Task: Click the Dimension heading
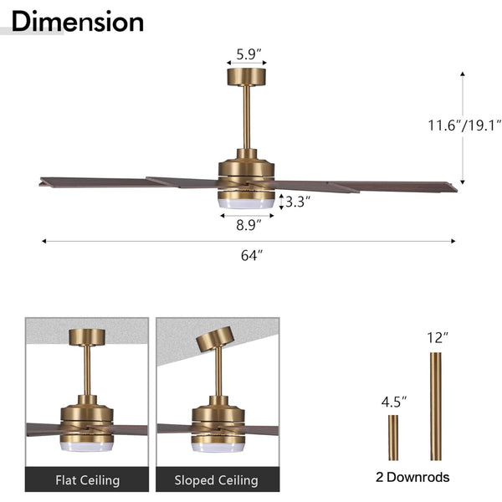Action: click(x=78, y=21)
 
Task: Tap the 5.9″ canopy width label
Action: click(x=248, y=54)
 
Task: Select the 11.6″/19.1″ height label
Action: click(x=464, y=125)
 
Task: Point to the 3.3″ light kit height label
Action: click(x=298, y=202)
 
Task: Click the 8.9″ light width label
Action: click(x=248, y=225)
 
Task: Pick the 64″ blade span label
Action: click(x=251, y=255)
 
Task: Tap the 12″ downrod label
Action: click(x=438, y=337)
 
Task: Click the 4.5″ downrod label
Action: click(x=393, y=402)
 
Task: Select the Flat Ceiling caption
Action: click(x=87, y=480)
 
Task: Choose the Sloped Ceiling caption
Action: click(x=217, y=480)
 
